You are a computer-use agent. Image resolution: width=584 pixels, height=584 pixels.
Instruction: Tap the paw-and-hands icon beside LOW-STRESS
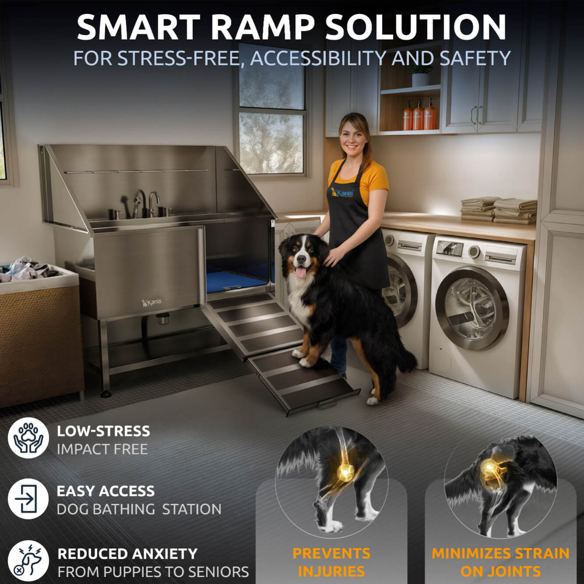[x=28, y=438]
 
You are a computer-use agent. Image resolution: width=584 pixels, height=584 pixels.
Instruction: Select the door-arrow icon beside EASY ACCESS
[x=28, y=499]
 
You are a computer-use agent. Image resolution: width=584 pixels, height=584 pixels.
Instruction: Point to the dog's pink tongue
[x=301, y=273]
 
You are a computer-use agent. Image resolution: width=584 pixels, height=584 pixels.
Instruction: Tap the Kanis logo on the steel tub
[x=152, y=302]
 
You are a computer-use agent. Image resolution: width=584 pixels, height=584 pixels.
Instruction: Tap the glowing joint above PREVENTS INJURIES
[x=345, y=471]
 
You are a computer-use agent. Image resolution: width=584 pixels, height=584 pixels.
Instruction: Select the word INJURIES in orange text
[x=331, y=571]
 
